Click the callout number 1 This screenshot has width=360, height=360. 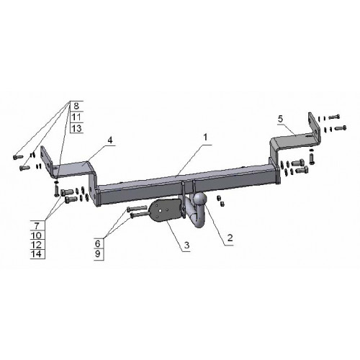tap(205, 138)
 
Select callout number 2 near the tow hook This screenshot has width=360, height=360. tap(230, 238)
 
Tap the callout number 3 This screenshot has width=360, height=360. tap(186, 245)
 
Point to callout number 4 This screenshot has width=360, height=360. tap(110, 140)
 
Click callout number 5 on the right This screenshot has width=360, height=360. tap(280, 119)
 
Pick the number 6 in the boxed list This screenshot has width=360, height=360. tap(98, 243)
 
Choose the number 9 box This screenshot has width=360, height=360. tap(98, 254)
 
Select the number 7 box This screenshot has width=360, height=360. tap(37, 225)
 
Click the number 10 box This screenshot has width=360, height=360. tap(37, 235)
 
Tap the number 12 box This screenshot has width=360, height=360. tap(37, 245)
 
